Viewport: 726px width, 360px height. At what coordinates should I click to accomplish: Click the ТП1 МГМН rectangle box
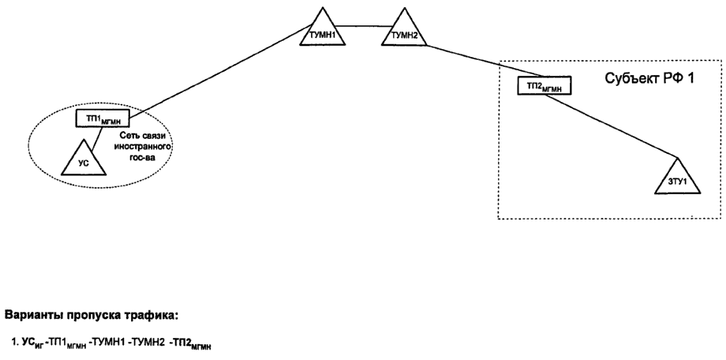pyautogui.click(x=101, y=119)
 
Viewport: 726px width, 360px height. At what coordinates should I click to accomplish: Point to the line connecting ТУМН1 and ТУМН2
pyautogui.click(x=360, y=26)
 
